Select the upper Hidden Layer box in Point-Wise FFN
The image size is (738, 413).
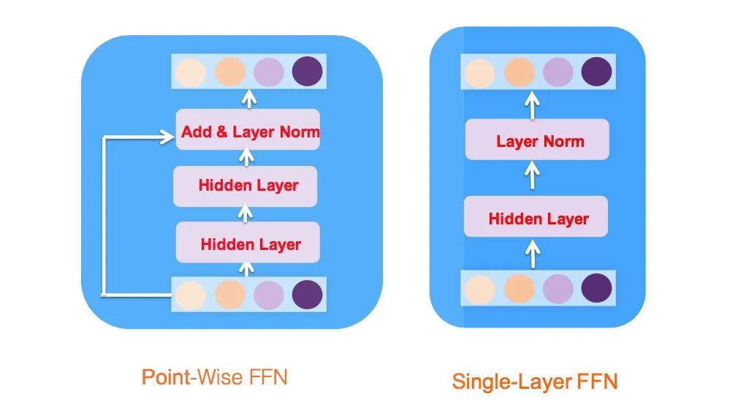(x=246, y=186)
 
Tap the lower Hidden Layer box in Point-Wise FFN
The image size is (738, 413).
(x=248, y=243)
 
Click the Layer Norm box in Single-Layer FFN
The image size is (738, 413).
(x=537, y=140)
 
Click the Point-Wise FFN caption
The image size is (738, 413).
(x=214, y=377)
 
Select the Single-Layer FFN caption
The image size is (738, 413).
(x=534, y=381)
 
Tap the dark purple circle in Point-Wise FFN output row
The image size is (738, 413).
(x=305, y=71)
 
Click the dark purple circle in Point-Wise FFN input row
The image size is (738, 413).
(x=305, y=294)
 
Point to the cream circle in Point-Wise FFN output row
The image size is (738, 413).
(x=190, y=71)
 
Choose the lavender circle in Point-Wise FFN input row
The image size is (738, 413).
(x=267, y=294)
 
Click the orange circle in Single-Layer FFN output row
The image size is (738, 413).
(x=519, y=72)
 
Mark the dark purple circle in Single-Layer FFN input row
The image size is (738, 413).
(x=596, y=288)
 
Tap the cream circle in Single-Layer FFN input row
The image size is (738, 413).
(x=480, y=289)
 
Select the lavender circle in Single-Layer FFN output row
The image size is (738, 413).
(x=558, y=72)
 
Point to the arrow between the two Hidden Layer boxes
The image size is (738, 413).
(x=246, y=213)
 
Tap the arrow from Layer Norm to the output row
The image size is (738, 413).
(x=533, y=105)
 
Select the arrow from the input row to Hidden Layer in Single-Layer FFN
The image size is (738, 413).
(x=533, y=254)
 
